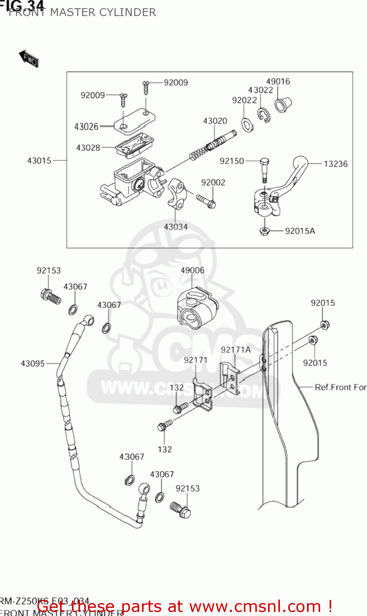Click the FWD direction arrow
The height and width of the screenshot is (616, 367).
click(x=28, y=59)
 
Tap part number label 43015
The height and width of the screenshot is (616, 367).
click(x=39, y=161)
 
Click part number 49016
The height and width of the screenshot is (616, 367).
click(x=278, y=81)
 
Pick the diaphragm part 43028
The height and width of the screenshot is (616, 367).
click(x=131, y=146)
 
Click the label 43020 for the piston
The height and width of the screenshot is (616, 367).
click(x=215, y=121)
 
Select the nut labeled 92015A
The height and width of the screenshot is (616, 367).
click(x=264, y=231)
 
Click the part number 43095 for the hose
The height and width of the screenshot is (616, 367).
click(x=32, y=363)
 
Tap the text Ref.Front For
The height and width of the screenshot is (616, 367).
click(x=340, y=387)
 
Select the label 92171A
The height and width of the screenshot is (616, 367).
click(x=236, y=350)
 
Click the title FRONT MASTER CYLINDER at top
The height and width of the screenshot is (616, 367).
click(x=82, y=12)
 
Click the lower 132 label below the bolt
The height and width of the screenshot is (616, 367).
click(x=165, y=449)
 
